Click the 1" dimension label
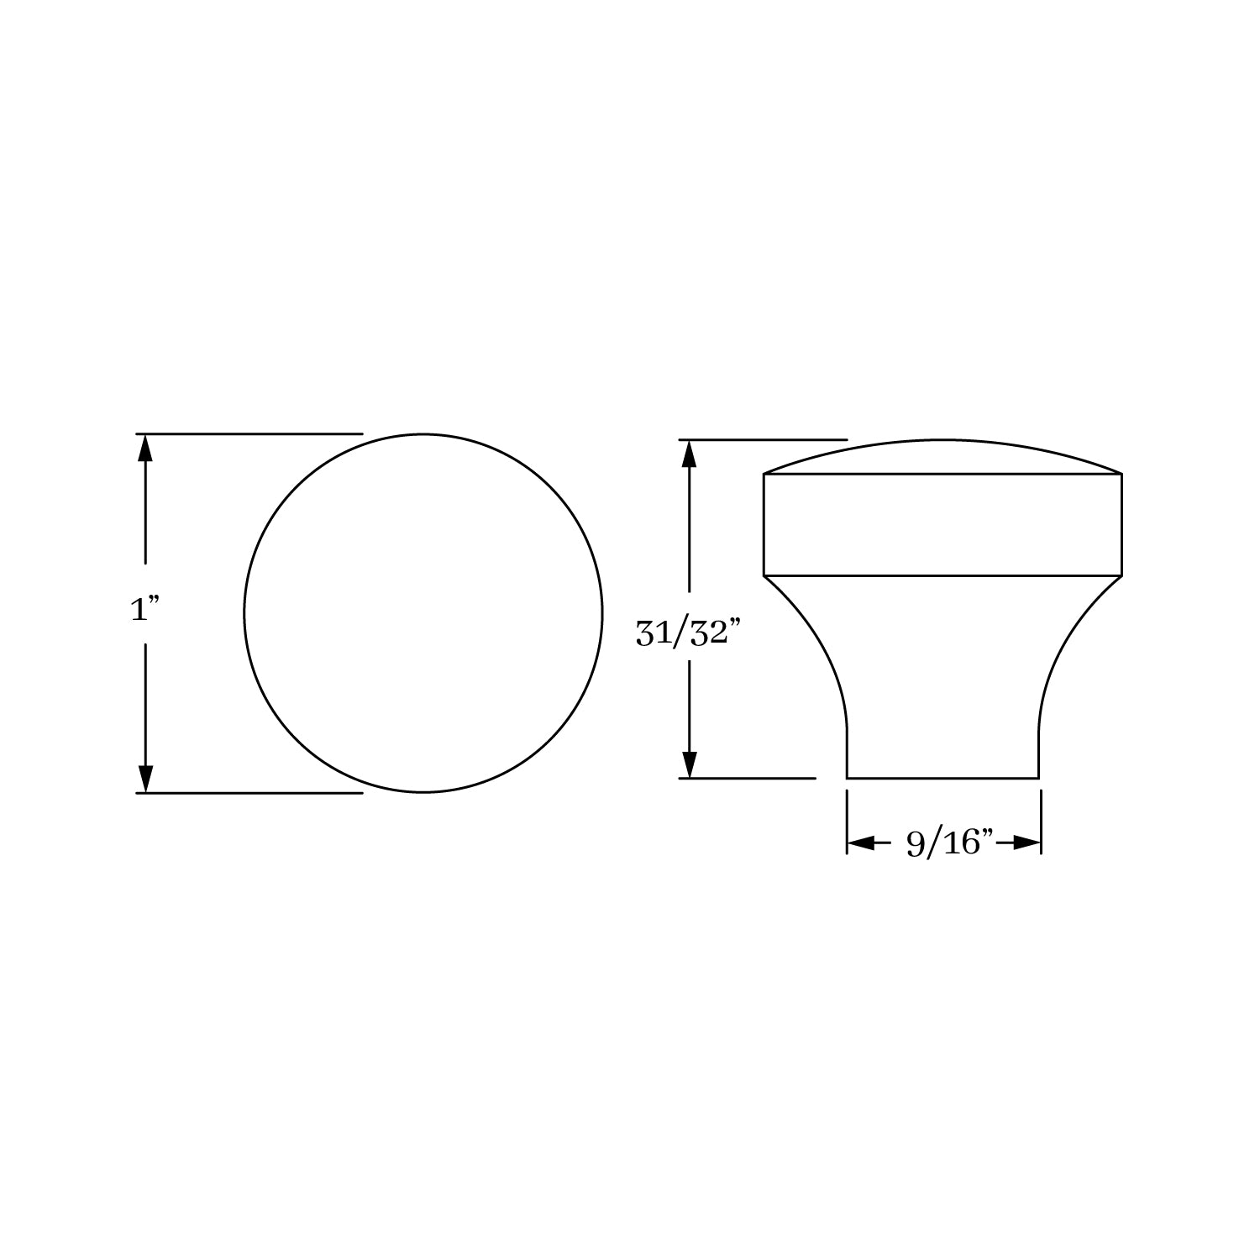pyautogui.click(x=145, y=609)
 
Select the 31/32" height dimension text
pyautogui.click(x=689, y=634)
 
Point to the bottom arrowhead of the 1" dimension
pyautogui.click(x=145, y=779)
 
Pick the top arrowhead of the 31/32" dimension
pyautogui.click(x=689, y=454)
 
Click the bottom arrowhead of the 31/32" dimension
pyautogui.click(x=689, y=764)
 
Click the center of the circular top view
pyautogui.click(x=423, y=613)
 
